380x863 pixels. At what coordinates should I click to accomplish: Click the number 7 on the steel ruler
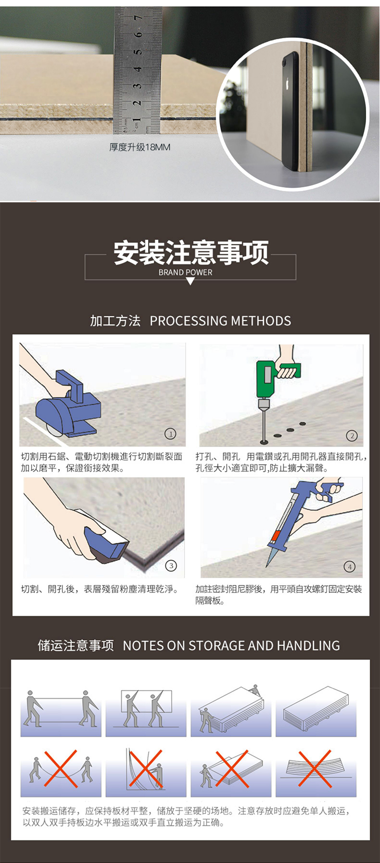[138, 18]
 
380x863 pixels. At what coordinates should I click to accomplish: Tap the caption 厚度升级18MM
[140, 147]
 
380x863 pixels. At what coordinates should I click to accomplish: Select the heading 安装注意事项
[191, 253]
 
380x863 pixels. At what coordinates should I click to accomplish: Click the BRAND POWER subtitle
[186, 272]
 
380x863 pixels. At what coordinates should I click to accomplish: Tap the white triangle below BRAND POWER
[190, 281]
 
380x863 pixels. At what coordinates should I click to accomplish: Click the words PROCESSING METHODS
[220, 321]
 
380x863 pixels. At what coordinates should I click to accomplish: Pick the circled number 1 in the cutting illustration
[170, 434]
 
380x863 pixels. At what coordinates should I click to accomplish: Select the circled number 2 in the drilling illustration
[352, 435]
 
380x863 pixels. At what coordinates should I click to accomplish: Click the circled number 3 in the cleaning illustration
[171, 566]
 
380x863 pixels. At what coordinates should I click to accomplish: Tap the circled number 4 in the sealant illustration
[350, 567]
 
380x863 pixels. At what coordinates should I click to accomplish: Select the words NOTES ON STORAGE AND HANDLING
[231, 646]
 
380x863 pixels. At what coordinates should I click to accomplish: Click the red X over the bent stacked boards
[315, 768]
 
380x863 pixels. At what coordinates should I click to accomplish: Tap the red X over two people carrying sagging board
[61, 768]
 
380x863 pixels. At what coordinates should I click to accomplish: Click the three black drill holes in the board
[290, 430]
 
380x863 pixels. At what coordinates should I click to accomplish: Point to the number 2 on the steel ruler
[138, 103]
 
